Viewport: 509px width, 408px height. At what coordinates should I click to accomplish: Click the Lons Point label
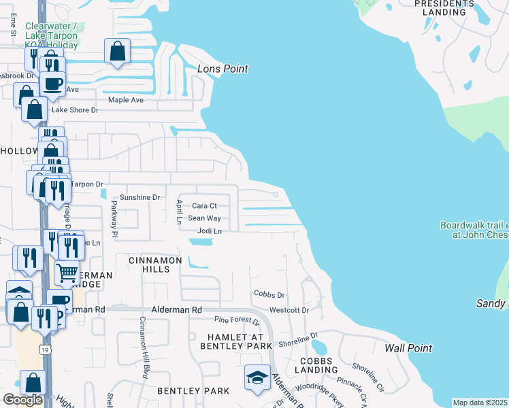[223, 69]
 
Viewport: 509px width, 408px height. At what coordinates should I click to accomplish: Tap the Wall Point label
[408, 348]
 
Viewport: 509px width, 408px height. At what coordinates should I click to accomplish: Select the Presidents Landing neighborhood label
[444, 7]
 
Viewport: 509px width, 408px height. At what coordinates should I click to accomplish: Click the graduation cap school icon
[258, 378]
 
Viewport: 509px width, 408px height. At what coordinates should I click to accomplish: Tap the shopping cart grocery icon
[67, 273]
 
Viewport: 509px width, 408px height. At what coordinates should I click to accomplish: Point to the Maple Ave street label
[126, 100]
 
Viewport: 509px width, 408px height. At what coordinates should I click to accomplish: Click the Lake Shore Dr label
[76, 110]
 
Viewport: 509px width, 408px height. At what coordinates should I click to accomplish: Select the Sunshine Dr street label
[139, 197]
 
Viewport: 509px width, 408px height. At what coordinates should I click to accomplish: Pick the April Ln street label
[179, 212]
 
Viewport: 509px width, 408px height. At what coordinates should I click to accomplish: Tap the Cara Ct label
[204, 205]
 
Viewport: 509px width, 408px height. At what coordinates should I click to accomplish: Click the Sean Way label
[204, 218]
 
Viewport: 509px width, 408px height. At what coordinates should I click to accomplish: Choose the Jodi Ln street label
[210, 231]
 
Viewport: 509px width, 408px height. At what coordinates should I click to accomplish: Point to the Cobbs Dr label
[269, 295]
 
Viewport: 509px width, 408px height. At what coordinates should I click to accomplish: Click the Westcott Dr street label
[289, 310]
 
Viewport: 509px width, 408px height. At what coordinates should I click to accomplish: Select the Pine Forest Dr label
[236, 319]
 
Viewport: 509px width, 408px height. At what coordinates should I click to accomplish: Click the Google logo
[22, 400]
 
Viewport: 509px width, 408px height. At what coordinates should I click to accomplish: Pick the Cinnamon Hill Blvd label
[144, 347]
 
